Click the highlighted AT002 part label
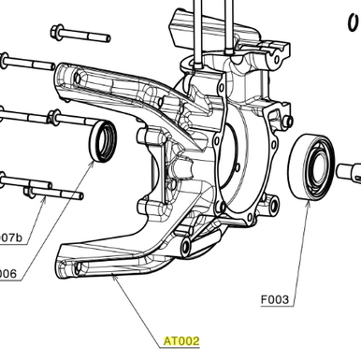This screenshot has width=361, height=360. pos(181,341)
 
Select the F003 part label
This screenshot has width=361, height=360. pos(277,301)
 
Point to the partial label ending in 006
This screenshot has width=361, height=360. pos(8,274)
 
